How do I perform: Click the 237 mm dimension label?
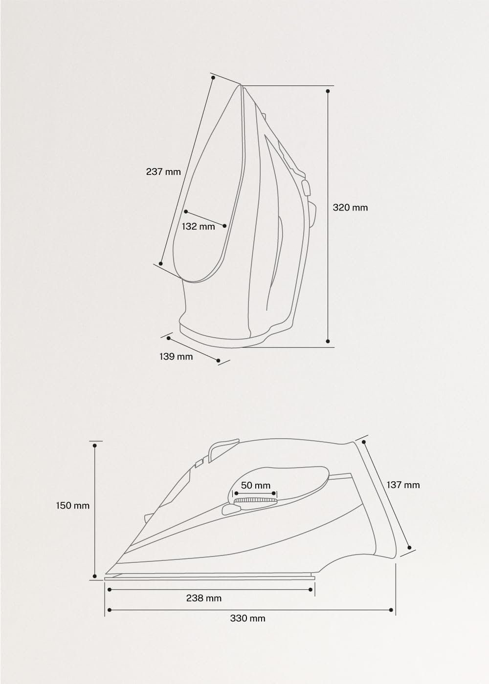(163, 171)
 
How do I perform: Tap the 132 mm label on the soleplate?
(198, 227)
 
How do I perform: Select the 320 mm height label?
(350, 208)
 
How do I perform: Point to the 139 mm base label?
(176, 356)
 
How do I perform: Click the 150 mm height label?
(73, 505)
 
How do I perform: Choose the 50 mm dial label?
(255, 485)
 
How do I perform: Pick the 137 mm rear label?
(403, 485)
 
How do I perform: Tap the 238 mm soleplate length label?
(204, 598)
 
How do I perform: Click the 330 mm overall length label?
(247, 619)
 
